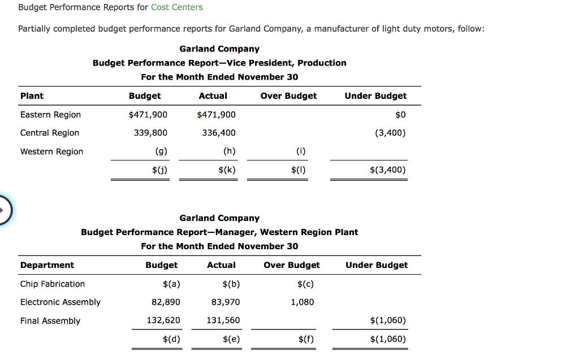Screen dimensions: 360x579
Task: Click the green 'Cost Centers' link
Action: pyautogui.click(x=177, y=7)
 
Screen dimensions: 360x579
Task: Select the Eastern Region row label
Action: pyautogui.click(x=50, y=115)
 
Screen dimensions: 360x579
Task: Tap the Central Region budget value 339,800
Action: pyautogui.click(x=148, y=133)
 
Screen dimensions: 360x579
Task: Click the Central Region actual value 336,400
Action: pyautogui.click(x=218, y=133)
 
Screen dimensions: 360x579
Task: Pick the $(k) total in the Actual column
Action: pyautogui.click(x=227, y=170)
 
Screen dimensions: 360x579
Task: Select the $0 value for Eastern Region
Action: pyautogui.click(x=400, y=115)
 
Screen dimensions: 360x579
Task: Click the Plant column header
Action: pyautogui.click(x=32, y=96)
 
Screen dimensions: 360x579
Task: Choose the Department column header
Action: pyautogui.click(x=47, y=265)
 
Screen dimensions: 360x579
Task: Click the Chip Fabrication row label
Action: pyautogui.click(x=53, y=284)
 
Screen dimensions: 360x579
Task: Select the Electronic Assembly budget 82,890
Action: pyautogui.click(x=166, y=302)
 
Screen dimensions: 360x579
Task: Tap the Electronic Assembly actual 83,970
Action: pyautogui.click(x=225, y=302)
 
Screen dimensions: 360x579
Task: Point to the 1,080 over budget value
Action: pyautogui.click(x=303, y=302)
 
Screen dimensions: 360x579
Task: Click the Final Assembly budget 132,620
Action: pyautogui.click(x=163, y=320)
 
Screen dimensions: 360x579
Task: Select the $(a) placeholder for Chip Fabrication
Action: pyautogui.click(x=171, y=284)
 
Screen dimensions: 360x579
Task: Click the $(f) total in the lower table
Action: pyautogui.click(x=305, y=339)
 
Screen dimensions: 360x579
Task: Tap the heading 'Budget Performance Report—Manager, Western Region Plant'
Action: pyautogui.click(x=219, y=232)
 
